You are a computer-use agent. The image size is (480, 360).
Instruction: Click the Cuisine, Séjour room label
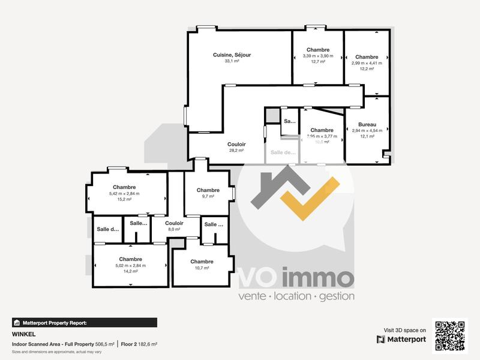[232, 55]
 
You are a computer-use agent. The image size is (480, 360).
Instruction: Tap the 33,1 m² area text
[232, 61]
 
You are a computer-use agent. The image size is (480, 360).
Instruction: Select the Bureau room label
[367, 124]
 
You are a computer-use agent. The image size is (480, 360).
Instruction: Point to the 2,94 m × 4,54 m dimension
[367, 130]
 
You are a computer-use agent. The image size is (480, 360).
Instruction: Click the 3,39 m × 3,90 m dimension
[317, 56]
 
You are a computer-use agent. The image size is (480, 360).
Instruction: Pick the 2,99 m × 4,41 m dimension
[367, 62]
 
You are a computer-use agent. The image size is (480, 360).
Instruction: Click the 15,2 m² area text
[124, 199]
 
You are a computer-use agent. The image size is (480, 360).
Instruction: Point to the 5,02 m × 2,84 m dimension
[130, 265]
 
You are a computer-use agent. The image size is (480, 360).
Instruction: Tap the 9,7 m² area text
[208, 196]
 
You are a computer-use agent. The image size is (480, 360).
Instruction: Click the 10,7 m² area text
[202, 268]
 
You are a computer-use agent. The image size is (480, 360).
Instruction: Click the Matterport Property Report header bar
[84, 323]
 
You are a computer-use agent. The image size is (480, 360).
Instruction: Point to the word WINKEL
[21, 334]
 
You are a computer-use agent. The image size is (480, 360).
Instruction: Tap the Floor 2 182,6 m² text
[139, 344]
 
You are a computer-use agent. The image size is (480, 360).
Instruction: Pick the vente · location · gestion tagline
[296, 296]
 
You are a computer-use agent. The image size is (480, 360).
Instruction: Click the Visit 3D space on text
[405, 330]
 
